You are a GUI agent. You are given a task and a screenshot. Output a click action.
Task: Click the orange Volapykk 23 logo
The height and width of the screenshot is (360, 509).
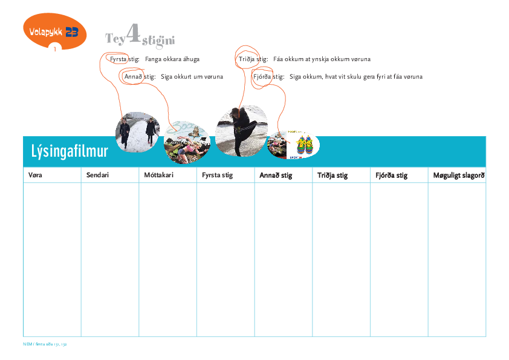click(54, 31)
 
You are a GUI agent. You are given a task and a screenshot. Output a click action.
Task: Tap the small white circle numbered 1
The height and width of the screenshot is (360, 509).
click(55, 49)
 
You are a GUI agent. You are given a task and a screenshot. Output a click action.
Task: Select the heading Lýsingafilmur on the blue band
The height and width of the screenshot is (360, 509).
click(69, 151)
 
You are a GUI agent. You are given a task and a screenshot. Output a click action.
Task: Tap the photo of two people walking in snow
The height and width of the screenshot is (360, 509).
click(137, 131)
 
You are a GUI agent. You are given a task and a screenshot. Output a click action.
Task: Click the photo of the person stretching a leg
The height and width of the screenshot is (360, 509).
click(241, 131)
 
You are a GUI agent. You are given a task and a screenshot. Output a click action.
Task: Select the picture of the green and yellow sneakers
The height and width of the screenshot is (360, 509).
click(303, 146)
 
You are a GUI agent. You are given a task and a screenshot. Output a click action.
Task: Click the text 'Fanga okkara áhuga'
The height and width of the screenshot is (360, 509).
click(172, 59)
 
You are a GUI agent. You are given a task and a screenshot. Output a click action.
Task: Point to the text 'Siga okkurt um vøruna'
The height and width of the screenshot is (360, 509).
click(192, 77)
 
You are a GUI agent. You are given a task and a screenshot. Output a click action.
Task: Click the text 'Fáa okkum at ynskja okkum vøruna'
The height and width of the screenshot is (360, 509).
click(322, 59)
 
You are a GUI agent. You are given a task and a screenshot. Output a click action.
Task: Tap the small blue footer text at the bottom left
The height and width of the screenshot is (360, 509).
click(44, 343)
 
